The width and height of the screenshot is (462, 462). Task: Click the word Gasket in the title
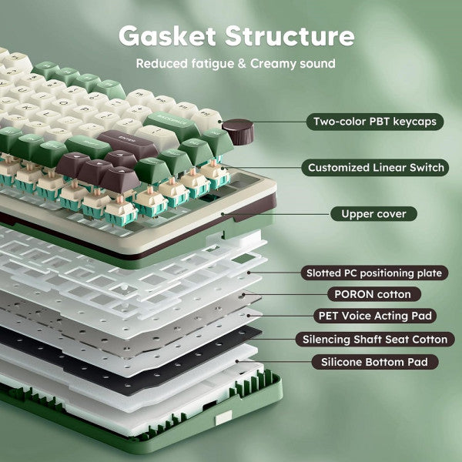[167, 35]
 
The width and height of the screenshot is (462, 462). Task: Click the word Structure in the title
[290, 35]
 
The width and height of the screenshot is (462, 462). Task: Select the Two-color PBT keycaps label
[375, 122]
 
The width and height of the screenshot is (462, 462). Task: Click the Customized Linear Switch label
[376, 168]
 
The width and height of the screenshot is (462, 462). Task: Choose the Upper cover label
[373, 214]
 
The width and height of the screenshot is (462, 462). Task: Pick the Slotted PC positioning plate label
[374, 273]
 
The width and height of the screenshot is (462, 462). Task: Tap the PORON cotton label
[374, 294]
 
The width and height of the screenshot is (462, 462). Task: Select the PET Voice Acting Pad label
[375, 316]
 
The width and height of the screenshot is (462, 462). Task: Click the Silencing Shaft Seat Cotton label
[375, 340]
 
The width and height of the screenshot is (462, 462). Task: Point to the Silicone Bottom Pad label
[375, 362]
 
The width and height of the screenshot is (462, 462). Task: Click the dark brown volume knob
[238, 132]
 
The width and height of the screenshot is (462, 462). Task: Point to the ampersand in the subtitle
[242, 64]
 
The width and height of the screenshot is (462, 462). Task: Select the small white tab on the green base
[223, 418]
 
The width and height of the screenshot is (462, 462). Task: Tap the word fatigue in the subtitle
[213, 64]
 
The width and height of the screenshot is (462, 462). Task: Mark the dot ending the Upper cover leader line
[223, 214]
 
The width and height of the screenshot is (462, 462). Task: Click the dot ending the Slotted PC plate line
[249, 273]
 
